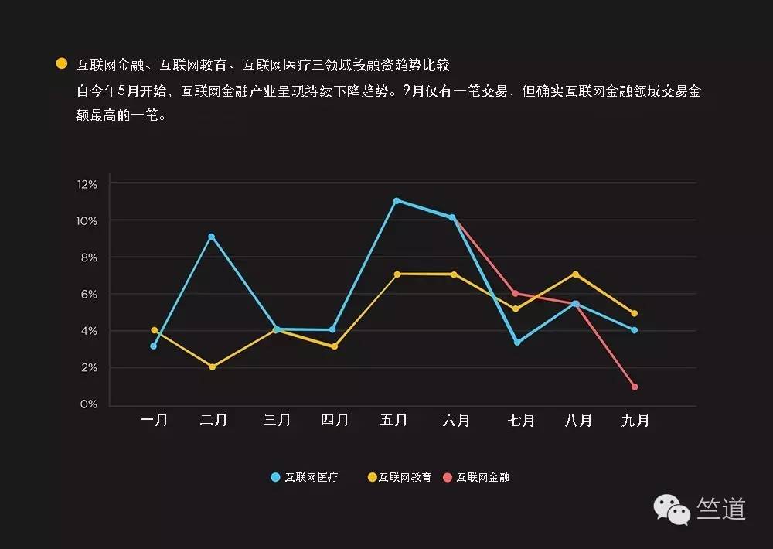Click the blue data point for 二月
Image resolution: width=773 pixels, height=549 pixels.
pyautogui.click(x=211, y=237)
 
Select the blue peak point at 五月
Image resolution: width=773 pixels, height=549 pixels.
pyautogui.click(x=397, y=201)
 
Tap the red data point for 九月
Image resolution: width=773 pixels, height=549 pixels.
pyautogui.click(x=635, y=387)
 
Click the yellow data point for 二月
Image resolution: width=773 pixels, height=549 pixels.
pyautogui.click(x=213, y=367)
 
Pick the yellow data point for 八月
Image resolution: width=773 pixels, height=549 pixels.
pyautogui.click(x=575, y=274)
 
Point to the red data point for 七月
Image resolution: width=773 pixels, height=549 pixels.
pyautogui.click(x=515, y=294)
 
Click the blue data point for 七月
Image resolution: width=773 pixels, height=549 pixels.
pyautogui.click(x=516, y=342)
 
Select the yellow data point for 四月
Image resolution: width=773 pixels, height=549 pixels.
pyautogui.click(x=334, y=346)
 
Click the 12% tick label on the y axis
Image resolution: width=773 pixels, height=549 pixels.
pyautogui.click(x=87, y=184)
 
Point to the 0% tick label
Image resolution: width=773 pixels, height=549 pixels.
pyautogui.click(x=88, y=404)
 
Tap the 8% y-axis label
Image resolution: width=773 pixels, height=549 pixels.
pyautogui.click(x=88, y=257)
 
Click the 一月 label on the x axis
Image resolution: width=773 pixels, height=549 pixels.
pyautogui.click(x=154, y=421)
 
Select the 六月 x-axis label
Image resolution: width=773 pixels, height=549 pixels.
pyautogui.click(x=456, y=421)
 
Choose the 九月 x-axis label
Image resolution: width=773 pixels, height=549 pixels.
pyautogui.click(x=635, y=421)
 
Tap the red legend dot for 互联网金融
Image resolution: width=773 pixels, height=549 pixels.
pyautogui.click(x=448, y=477)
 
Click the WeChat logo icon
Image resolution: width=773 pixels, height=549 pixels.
pyautogui.click(x=671, y=510)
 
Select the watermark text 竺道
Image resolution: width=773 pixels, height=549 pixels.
pyautogui.click(x=720, y=509)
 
